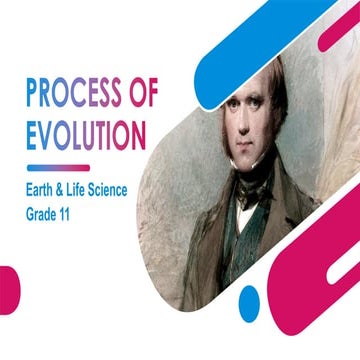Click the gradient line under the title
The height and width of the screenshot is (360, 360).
(x=58, y=166)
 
